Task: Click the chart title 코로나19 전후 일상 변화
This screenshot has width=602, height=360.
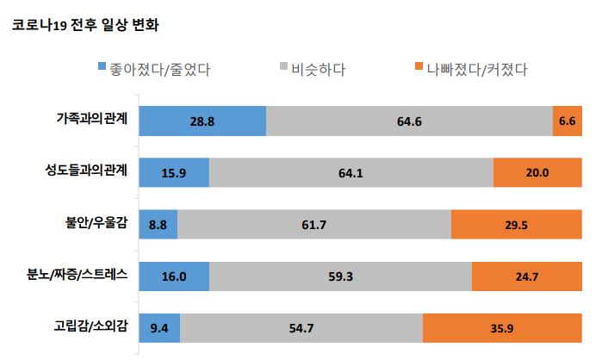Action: click(84, 25)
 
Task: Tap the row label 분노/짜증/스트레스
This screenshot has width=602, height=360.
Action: click(78, 276)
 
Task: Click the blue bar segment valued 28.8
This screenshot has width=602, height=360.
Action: click(202, 120)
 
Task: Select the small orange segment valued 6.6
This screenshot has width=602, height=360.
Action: click(566, 120)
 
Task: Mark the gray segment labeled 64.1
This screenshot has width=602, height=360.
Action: click(351, 172)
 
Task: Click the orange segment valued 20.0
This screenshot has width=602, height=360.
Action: click(537, 172)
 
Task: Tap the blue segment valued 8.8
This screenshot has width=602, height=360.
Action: click(158, 225)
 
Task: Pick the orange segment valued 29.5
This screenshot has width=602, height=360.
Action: click(516, 225)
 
